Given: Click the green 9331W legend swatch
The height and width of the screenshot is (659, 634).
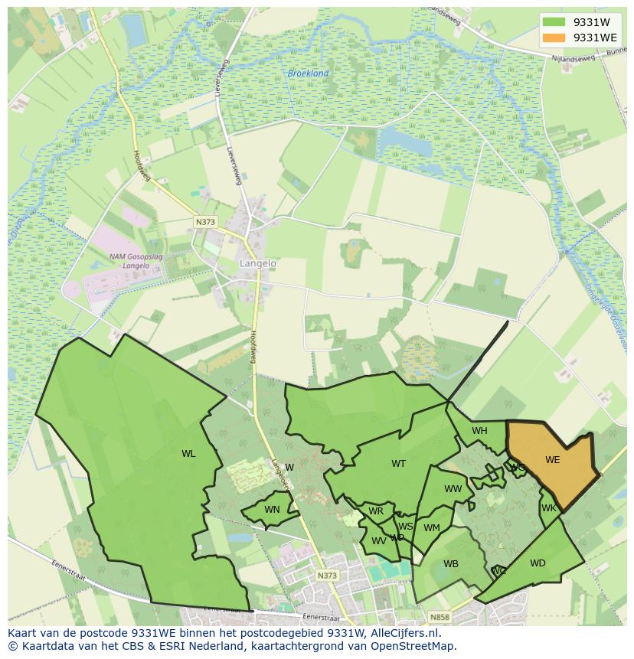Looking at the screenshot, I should tap(554, 22).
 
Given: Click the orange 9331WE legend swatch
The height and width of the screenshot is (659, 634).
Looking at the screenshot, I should tap(554, 38).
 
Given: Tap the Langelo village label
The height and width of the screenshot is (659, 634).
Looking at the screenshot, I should tap(258, 263).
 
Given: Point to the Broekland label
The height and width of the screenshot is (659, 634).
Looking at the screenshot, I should tap(308, 73).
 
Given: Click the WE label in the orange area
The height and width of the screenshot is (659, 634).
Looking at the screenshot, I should tap(552, 460).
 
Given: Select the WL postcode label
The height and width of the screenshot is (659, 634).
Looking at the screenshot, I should tap(188, 454).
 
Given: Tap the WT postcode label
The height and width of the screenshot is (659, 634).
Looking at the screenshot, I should tap(398, 464).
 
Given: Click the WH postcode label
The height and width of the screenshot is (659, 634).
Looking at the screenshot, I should tap(479, 431).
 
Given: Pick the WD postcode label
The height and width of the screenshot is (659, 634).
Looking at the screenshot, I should tap(538, 563).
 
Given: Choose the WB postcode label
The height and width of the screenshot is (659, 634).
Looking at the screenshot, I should tap(451, 564).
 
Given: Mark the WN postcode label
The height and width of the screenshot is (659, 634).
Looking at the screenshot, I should tap(272, 510).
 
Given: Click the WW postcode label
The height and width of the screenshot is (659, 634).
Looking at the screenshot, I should tap(453, 489).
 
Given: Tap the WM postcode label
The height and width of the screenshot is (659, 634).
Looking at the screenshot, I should tap(432, 527).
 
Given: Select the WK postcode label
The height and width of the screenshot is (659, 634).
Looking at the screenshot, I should tap(549, 508).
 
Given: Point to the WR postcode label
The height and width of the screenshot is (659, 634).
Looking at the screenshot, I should tap(376, 511).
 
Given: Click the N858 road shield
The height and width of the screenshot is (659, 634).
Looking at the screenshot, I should tap(440, 617).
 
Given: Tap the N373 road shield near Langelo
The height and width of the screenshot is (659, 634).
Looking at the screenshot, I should tap(205, 222).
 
